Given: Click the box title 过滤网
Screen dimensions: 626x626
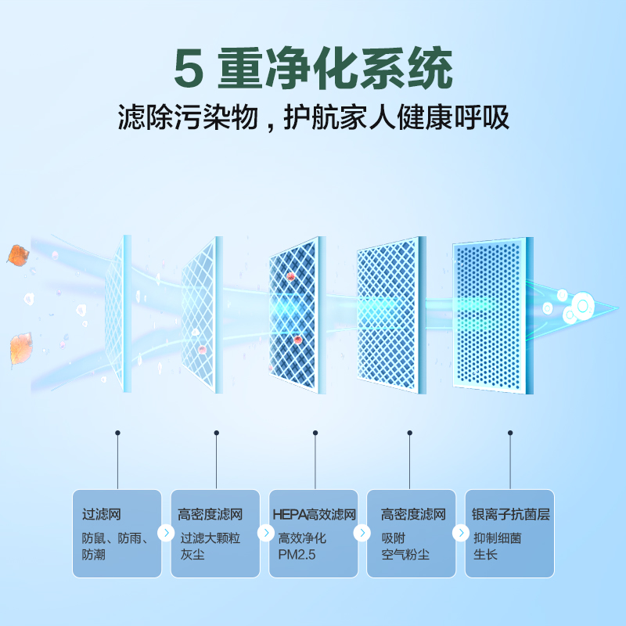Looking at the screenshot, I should click(x=102, y=515).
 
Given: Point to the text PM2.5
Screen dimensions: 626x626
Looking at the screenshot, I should click(x=295, y=555).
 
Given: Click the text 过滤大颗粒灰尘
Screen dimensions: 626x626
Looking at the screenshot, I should click(x=210, y=546).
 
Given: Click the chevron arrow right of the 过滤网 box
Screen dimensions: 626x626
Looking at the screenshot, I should click(x=166, y=534).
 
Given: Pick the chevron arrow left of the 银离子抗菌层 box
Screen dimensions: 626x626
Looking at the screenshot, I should click(x=460, y=534).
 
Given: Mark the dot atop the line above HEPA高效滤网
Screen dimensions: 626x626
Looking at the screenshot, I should click(x=315, y=432).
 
